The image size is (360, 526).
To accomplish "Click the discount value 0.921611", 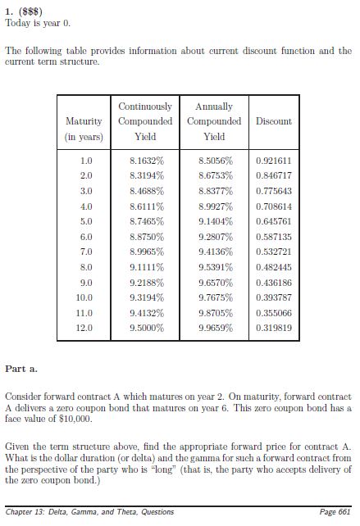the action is pos(273,161).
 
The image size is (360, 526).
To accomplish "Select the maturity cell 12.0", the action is pos(84,328).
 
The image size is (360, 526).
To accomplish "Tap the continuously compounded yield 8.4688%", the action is pos(147,191).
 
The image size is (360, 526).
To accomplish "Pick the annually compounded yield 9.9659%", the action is pos(215,328).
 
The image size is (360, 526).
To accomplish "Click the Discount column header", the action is pos(273,121).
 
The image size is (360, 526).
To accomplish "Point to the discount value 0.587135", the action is pos(273,237).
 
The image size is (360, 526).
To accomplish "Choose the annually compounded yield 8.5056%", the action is pos(215,161).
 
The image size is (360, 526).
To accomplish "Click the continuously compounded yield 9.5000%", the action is pos(147,328).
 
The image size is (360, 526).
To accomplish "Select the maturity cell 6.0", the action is pos(86,237).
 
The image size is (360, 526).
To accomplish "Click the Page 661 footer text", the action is pos(335,512).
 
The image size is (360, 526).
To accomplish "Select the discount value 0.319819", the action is pos(273,328).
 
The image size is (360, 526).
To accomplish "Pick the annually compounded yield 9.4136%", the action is pos(215,252).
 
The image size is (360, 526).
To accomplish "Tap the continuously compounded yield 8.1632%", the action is pos(147,161).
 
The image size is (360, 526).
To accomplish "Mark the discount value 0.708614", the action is pos(273,206).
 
